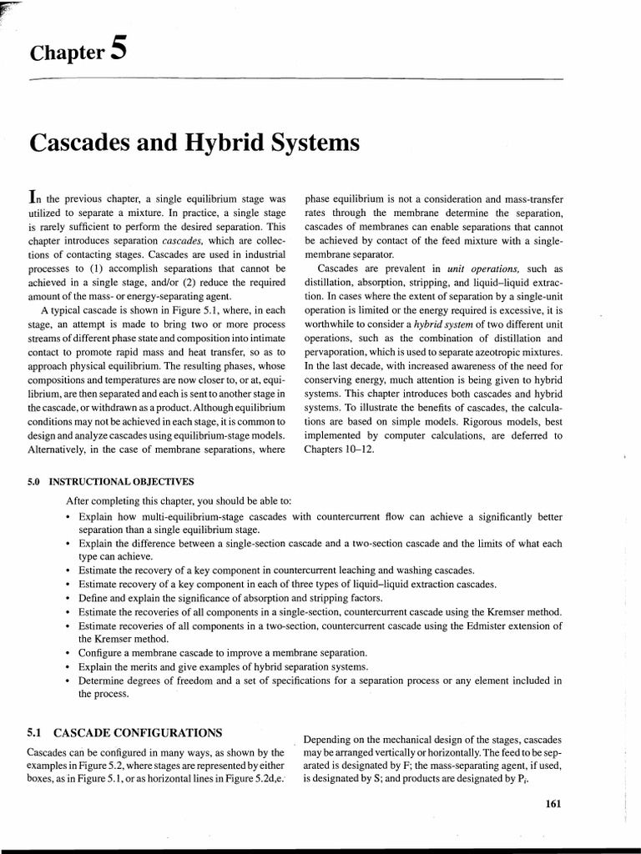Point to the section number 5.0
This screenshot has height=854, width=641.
(x=35, y=482)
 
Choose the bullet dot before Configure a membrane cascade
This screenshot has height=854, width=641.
(x=67, y=652)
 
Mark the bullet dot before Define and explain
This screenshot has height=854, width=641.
(x=67, y=598)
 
